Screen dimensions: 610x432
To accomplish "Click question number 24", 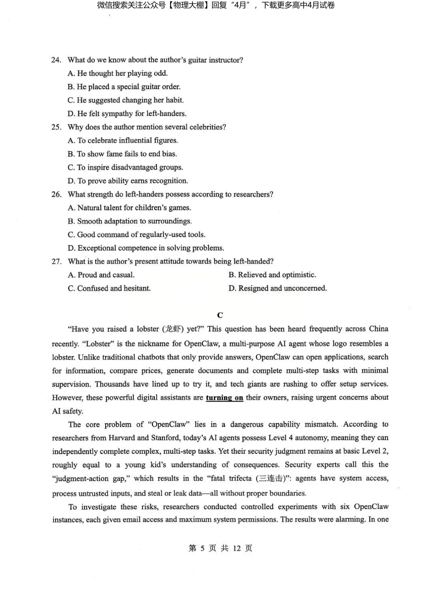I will point(56,60).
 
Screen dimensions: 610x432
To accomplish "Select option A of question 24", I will point(118,74).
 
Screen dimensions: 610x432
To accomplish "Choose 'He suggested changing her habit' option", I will point(126,100).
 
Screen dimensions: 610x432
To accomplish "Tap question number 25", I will point(56,127).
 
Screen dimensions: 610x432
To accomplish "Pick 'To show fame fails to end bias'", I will point(122,154).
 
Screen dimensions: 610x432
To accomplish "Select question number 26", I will point(56,194).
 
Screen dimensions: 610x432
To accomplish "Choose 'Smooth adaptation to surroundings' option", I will point(130,221).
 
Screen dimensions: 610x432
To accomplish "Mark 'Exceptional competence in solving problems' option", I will point(146,248).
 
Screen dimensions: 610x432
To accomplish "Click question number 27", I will point(56,261).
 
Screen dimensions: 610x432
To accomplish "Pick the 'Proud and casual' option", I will point(101,275).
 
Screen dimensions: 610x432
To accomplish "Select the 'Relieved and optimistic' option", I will point(272,275).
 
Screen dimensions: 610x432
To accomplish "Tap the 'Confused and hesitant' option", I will point(109,288).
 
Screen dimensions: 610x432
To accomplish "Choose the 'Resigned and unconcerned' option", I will point(278,288).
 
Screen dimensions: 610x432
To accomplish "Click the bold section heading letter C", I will point(220,315).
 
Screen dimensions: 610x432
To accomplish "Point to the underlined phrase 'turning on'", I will point(224,398).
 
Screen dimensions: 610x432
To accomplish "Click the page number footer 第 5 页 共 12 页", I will point(220,548).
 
